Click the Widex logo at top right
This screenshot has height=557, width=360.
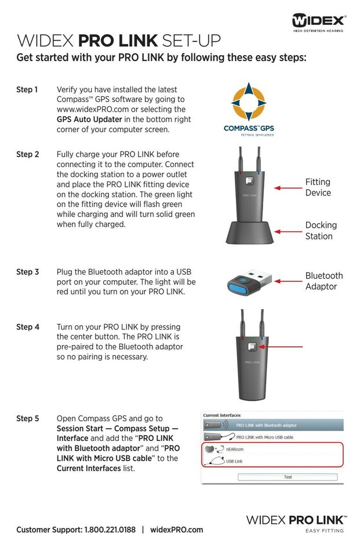[319, 22]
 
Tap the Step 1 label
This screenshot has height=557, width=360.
[27, 89]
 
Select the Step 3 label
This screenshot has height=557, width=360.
[28, 272]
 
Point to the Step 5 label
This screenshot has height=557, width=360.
[28, 418]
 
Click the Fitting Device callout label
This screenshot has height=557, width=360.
[318, 187]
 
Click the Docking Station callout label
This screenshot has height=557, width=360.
[321, 230]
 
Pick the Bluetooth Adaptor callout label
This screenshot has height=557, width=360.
[324, 281]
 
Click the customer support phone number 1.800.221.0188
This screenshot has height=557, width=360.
[110, 530]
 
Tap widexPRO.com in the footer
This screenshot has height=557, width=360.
[176, 530]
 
